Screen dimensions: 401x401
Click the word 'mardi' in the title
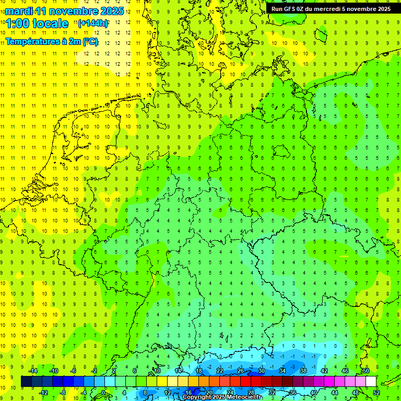pyautogui.click(x=19, y=11)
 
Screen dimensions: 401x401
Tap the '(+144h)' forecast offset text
pyautogui.click(x=93, y=23)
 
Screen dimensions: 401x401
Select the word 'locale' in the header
pyautogui.click(x=50, y=23)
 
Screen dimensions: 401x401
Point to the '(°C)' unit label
pyautogui.click(x=90, y=41)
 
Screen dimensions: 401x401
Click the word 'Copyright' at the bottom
pyautogui.click(x=197, y=397)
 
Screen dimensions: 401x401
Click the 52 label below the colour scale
pyautogui.click(x=376, y=393)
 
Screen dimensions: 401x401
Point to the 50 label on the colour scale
pyautogui.click(x=365, y=371)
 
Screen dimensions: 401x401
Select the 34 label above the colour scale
pyautogui.click(x=282, y=371)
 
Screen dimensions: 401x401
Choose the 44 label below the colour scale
pyautogui.click(x=334, y=393)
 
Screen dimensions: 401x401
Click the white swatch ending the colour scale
pyautogui.click(x=371, y=382)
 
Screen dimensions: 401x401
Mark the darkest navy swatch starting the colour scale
pyautogui.click(x=26, y=382)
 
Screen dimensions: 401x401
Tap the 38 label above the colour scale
pyautogui.click(x=303, y=371)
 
